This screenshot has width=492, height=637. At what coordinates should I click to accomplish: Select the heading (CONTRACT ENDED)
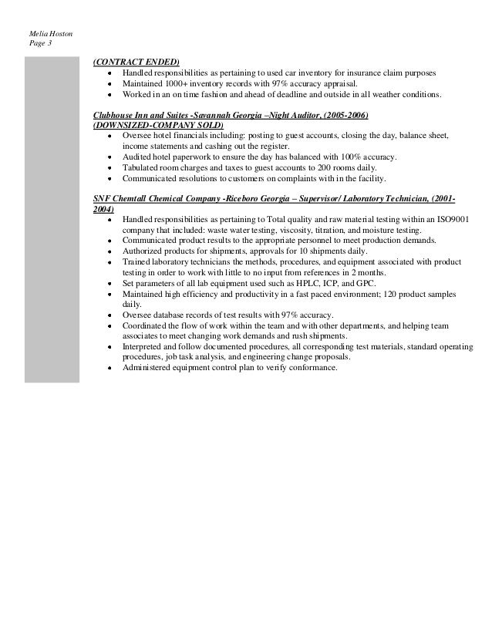coord(136,62)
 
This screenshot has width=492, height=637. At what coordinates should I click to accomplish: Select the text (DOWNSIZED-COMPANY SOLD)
coord(157,125)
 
